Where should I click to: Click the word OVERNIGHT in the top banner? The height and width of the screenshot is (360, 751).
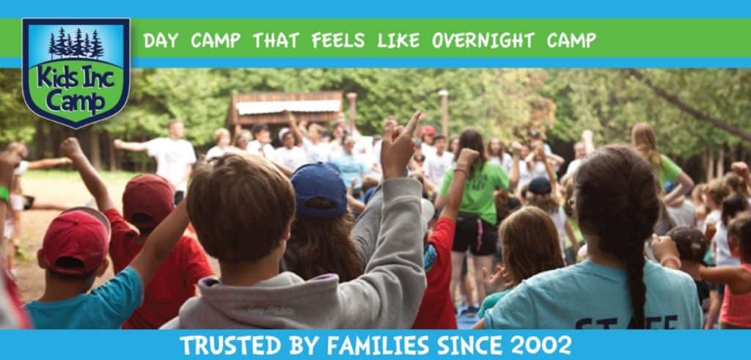tap(483, 41)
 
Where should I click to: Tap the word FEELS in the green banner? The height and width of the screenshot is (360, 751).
tap(337, 41)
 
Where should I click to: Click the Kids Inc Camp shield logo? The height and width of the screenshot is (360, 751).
tap(76, 73)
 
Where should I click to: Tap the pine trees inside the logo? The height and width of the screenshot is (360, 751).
tap(76, 43)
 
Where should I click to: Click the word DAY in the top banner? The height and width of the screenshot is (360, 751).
tap(161, 41)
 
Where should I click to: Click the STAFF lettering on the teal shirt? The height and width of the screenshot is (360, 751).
tap(626, 323)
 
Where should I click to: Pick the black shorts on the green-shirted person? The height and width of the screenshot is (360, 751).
tap(475, 235)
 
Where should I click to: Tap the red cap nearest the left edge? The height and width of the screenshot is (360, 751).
tap(75, 243)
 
